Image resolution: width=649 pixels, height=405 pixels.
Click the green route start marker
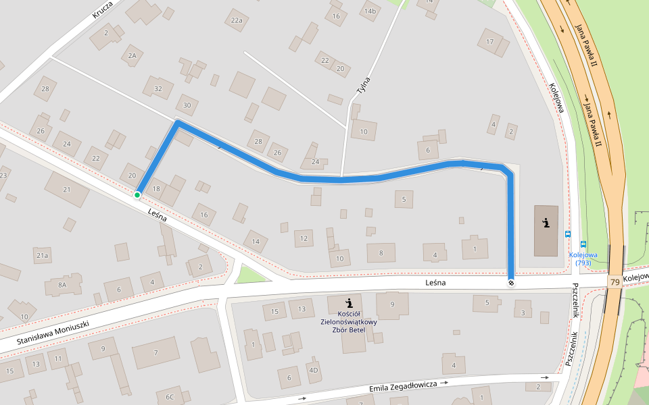click(x=137, y=195)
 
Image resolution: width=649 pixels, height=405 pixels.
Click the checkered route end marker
click(x=511, y=282)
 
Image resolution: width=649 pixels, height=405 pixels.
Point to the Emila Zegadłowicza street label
click(x=403, y=387)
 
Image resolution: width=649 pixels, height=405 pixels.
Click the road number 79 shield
click(x=615, y=281)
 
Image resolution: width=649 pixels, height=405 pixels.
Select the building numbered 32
click(x=158, y=88)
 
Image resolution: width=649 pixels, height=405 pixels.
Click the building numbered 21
click(x=66, y=190)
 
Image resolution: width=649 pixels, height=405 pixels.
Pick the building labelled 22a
click(x=236, y=21)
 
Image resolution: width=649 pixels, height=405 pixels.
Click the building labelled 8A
click(x=63, y=286)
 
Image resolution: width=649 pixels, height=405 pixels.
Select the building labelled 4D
click(x=313, y=370)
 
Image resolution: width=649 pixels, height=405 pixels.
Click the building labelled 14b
click(x=370, y=11)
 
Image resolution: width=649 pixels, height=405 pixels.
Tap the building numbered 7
click(x=155, y=352)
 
